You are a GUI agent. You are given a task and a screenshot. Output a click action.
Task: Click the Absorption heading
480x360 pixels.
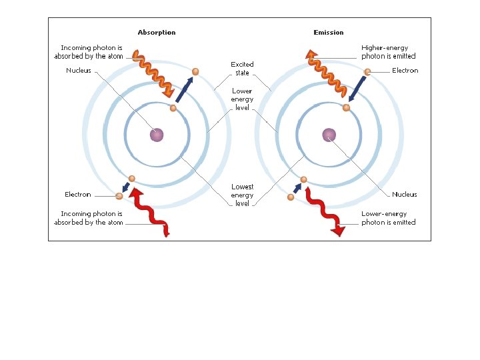tap(157, 32)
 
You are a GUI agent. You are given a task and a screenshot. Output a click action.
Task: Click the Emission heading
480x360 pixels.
tap(329, 32)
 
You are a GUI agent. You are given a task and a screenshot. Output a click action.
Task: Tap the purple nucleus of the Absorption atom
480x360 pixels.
tap(157, 135)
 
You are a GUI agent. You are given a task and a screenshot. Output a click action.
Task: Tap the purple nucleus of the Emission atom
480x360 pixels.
tap(329, 135)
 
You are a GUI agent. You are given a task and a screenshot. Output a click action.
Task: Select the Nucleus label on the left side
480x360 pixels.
tap(79, 71)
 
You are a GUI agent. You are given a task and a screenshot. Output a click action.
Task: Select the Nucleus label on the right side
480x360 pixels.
tap(405, 195)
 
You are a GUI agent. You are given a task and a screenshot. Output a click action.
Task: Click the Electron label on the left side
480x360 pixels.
tap(78, 195)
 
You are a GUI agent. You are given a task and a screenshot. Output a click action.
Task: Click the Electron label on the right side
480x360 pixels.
tap(405, 71)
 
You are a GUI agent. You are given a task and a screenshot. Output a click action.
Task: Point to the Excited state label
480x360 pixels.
tap(242, 69)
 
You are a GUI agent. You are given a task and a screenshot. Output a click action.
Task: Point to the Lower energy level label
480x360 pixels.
tap(242, 99)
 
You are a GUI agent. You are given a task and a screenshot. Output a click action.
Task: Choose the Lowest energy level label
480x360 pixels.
tap(242, 195)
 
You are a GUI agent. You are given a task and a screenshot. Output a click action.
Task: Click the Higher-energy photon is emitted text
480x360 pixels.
tap(389, 52)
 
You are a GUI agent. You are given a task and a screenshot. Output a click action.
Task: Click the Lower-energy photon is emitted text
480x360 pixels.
tap(389, 218)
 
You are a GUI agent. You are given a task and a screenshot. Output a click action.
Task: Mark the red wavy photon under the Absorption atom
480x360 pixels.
tap(152, 212)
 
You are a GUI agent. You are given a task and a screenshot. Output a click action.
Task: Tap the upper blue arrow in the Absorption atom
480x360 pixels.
tap(185, 89)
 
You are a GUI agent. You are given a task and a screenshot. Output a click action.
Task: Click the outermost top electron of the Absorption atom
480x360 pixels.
tap(195, 71)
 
